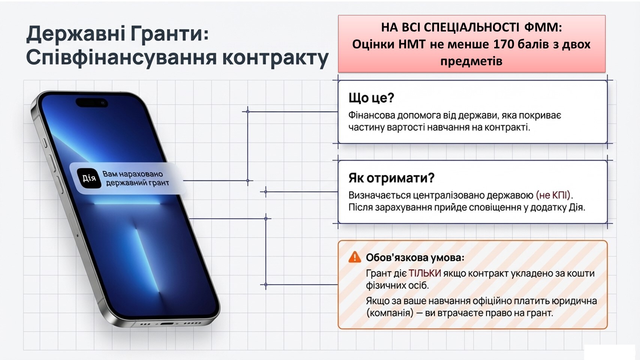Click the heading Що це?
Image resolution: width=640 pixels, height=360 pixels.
pyautogui.click(x=371, y=98)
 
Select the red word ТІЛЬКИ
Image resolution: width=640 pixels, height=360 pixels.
pyautogui.click(x=424, y=273)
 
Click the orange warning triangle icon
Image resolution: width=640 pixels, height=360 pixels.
pyautogui.click(x=355, y=257)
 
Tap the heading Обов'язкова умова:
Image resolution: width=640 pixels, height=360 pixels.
pyautogui.click(x=415, y=258)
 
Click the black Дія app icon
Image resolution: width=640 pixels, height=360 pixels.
pyautogui.click(x=89, y=178)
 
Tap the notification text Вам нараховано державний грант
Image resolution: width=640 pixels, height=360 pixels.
pyautogui.click(x=135, y=178)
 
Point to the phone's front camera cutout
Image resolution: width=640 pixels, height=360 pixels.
pyautogui.click(x=92, y=103)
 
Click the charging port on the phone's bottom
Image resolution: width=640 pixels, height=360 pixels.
pyautogui.click(x=167, y=324)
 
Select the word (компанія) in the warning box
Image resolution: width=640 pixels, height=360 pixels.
pyautogui.click(x=390, y=313)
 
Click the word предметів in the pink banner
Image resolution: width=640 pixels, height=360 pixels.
pyautogui.click(x=471, y=61)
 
